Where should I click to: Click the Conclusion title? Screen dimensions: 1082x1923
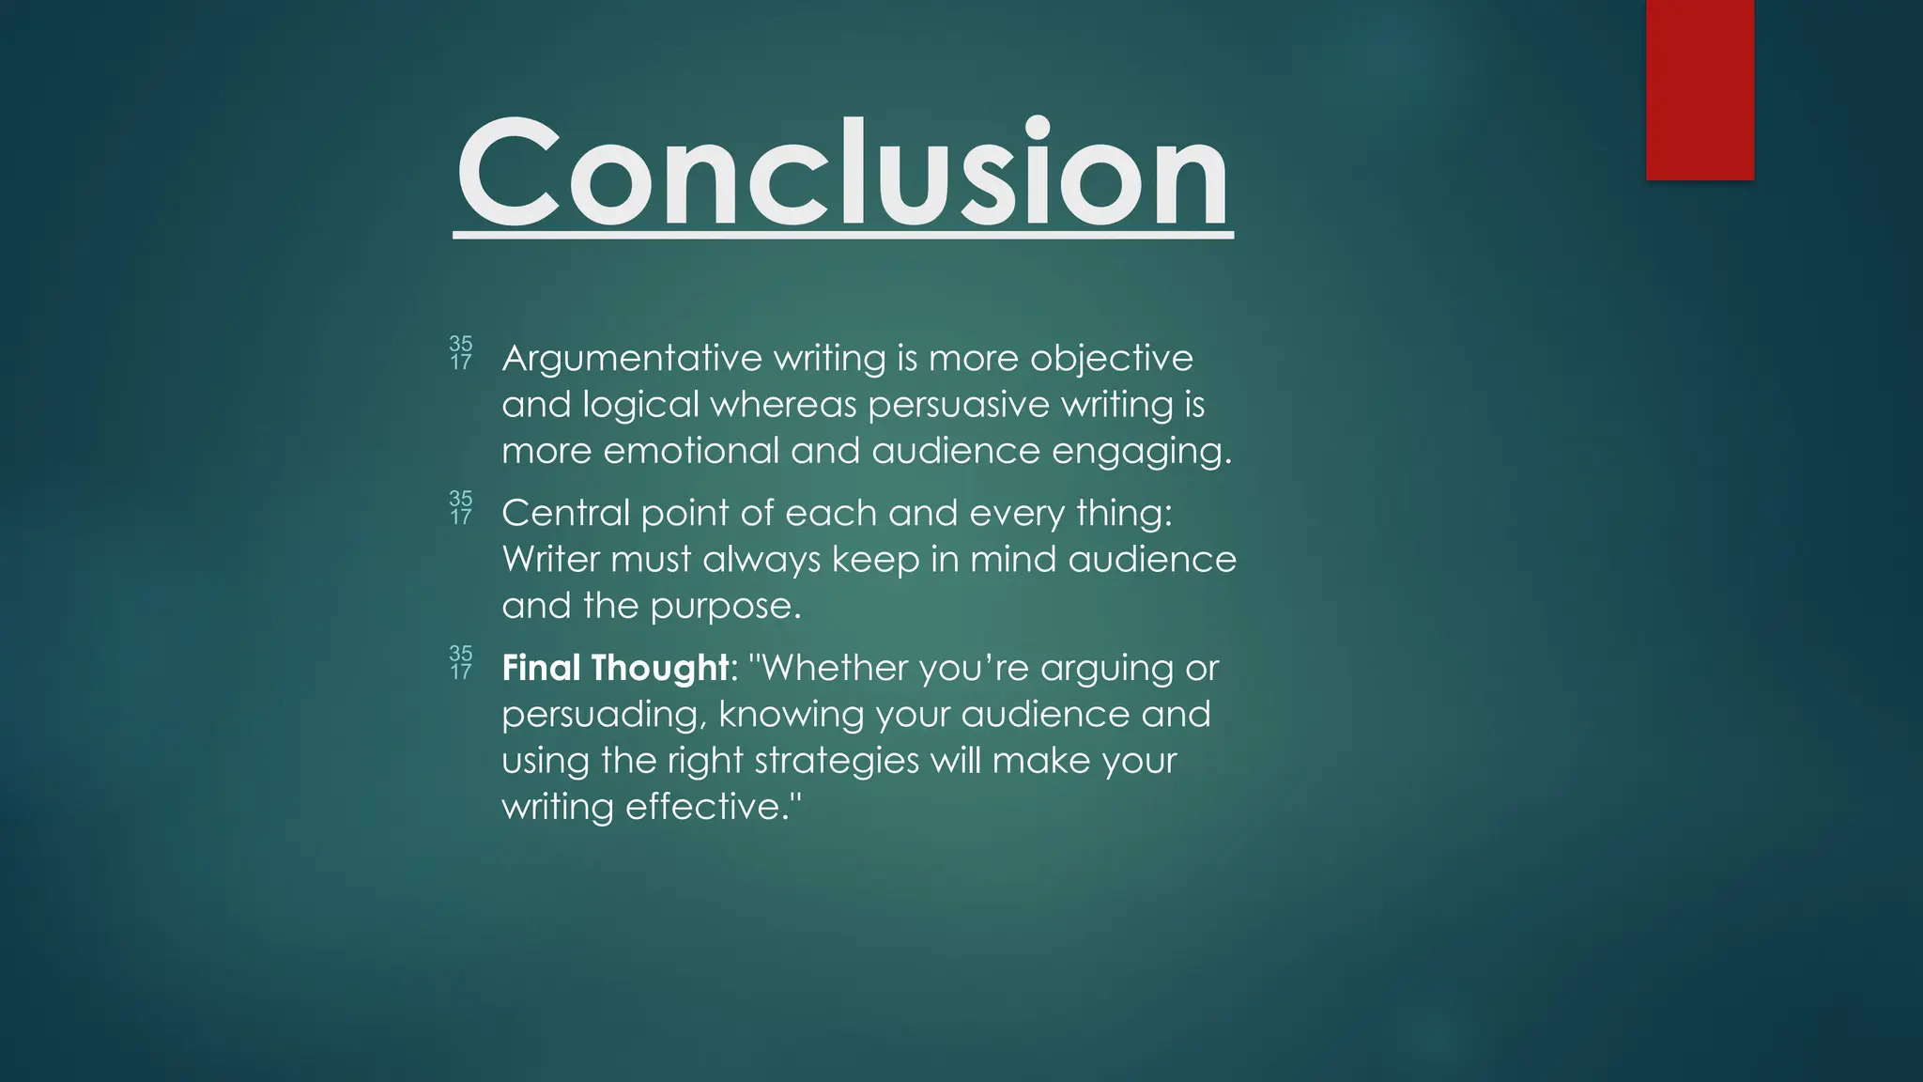click(x=842, y=174)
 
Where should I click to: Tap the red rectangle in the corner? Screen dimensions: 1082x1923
click(x=1700, y=89)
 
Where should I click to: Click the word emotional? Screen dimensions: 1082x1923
click(x=691, y=451)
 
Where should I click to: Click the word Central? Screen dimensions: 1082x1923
click(x=565, y=513)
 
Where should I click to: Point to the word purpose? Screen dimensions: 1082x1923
click(x=725, y=607)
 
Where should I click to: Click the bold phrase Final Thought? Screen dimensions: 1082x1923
click(x=615, y=668)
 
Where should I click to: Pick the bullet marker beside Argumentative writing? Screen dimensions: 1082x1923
click(x=460, y=353)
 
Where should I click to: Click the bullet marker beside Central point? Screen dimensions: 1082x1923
click(x=460, y=508)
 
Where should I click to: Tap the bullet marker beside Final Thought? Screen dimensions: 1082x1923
click(x=460, y=663)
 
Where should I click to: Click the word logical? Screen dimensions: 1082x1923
click(x=640, y=405)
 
